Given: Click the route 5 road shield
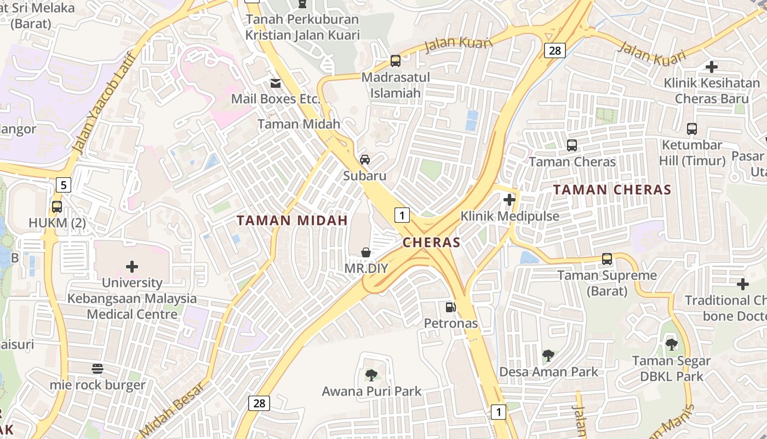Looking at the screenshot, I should point(64,185).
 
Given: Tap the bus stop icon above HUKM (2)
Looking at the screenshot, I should point(56,207).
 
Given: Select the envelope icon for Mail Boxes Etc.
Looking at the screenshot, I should point(275,83).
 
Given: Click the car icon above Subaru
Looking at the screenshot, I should point(364,160).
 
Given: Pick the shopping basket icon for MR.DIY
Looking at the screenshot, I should point(365,252).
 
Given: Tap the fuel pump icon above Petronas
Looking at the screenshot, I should point(450,307).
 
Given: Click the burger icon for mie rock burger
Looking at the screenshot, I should point(98,368).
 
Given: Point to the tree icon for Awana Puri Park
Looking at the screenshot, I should point(371,375).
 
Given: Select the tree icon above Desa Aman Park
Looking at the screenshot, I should point(548,356).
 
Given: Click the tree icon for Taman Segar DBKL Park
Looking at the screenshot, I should point(671,345).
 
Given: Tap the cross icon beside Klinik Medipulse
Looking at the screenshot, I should point(510,200).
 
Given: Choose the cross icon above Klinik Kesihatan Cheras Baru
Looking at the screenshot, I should point(712,67).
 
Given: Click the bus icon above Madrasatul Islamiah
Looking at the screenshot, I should point(395,61).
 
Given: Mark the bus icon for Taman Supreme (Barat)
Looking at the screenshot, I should point(606,258).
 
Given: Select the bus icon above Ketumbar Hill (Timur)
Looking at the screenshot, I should point(692,129).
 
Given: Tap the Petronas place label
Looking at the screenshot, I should point(451,323).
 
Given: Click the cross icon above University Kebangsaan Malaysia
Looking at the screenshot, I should point(132,267).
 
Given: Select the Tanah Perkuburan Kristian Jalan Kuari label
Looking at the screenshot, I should point(302,27).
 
